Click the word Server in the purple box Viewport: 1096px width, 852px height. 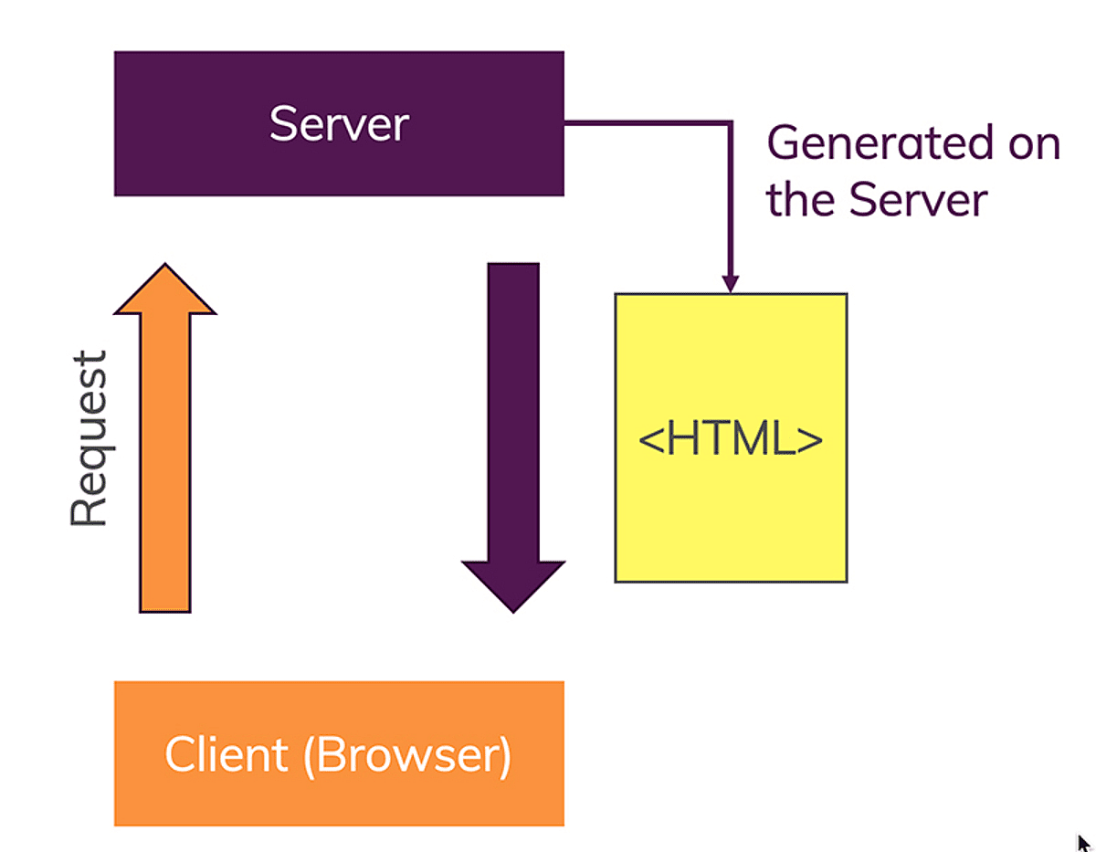pos(339,123)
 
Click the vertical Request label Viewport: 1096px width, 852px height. pos(90,438)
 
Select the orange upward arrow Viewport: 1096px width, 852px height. pos(165,457)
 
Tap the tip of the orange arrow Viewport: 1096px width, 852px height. pos(165,268)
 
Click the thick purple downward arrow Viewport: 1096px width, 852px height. pos(513,411)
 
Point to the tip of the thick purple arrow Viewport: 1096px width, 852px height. pos(513,608)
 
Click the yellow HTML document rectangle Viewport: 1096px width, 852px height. pos(731,521)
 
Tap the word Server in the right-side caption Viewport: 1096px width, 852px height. pos(919,199)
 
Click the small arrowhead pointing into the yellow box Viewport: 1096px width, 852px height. pos(730,284)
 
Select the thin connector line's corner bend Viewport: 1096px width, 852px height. pos(730,122)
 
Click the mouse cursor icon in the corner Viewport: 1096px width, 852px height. pos(1083,843)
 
